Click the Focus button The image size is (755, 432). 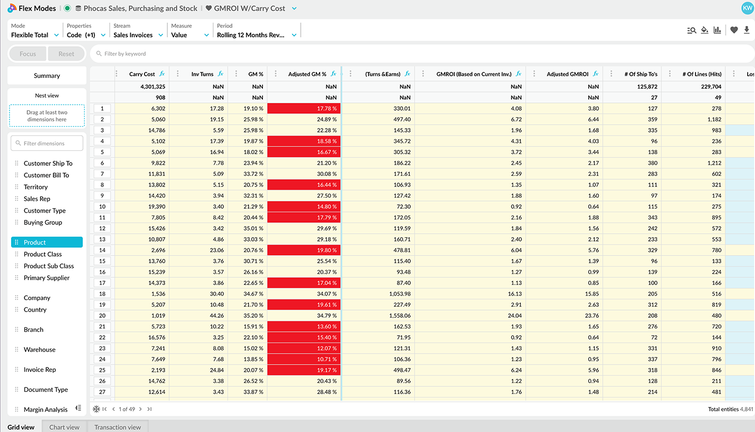(x=28, y=54)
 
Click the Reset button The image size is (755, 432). (x=66, y=54)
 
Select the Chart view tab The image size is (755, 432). (x=64, y=427)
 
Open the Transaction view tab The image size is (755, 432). (x=117, y=427)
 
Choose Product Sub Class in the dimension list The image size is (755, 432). (x=48, y=266)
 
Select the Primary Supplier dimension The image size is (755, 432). (x=47, y=278)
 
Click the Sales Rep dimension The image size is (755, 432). (x=37, y=199)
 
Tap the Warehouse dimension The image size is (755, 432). (x=39, y=350)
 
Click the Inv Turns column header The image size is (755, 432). (x=202, y=74)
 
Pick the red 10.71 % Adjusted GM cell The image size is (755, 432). (x=304, y=359)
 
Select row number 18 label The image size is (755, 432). (x=102, y=294)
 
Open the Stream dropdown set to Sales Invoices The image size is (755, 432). (x=138, y=35)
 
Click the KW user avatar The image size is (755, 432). (x=747, y=8)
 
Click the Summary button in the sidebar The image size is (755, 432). (x=47, y=76)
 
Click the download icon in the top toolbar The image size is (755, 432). (x=747, y=30)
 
